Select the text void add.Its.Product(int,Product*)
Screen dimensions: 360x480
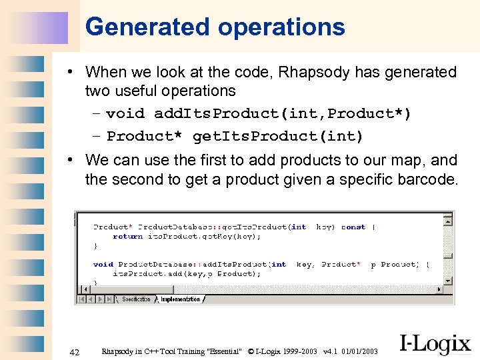coord(259,114)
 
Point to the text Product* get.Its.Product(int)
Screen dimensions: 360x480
coord(235,137)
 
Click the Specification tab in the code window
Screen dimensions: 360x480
coord(137,299)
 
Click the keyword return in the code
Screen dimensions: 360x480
coord(127,236)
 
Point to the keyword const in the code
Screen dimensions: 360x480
coord(353,227)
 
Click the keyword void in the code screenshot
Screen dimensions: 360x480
coord(103,265)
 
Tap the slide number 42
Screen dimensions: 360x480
coord(75,352)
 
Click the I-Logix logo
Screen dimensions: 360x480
coord(435,343)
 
